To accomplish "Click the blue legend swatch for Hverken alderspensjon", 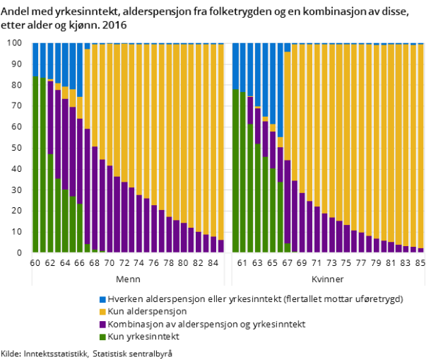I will tap(102, 299).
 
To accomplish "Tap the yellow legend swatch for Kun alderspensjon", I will tap(102, 312).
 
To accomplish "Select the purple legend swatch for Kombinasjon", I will tap(102, 325).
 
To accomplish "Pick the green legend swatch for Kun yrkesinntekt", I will tap(102, 337).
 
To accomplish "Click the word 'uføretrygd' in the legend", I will tap(381, 299).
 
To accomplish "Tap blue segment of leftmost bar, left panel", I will tap(35, 59).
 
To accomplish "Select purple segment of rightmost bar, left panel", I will tap(221, 246).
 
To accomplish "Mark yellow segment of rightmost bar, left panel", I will tap(221, 141).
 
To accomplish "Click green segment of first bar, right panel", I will tap(236, 170).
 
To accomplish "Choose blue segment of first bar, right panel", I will tap(236, 65).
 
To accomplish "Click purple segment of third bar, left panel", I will tap(50, 117).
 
